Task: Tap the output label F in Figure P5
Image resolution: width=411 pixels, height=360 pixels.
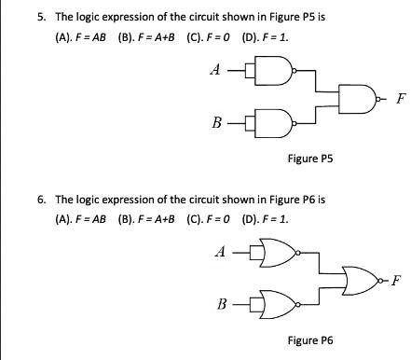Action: coord(401,97)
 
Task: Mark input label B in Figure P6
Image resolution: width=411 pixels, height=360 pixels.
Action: coord(222,304)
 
